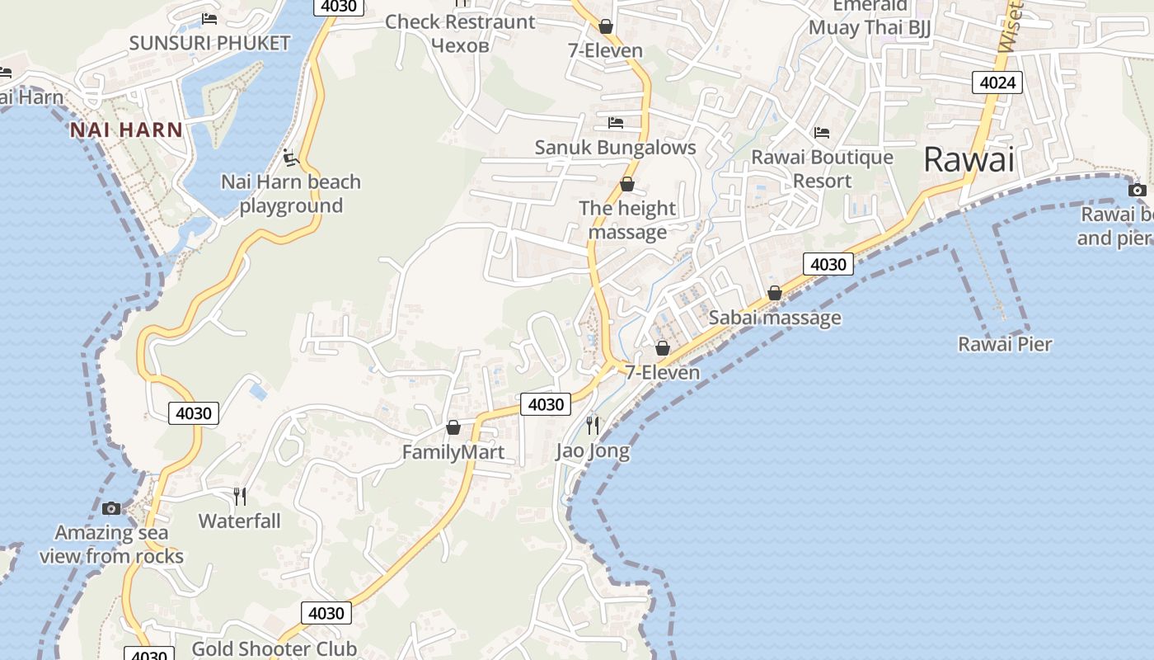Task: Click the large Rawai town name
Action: click(969, 159)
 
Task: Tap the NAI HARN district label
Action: click(126, 130)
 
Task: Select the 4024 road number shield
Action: click(997, 82)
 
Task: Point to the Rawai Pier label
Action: click(1005, 344)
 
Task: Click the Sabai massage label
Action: click(775, 318)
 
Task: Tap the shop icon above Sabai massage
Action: click(775, 293)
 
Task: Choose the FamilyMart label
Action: click(453, 452)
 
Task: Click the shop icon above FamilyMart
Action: click(453, 427)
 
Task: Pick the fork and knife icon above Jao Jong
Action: click(593, 425)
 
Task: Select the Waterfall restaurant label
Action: click(240, 521)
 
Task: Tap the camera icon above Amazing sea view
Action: click(111, 507)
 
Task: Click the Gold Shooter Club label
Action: click(274, 648)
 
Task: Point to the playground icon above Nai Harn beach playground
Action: click(289, 156)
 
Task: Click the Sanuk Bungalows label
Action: click(615, 148)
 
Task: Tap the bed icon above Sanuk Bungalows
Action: click(615, 123)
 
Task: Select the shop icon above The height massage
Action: click(627, 184)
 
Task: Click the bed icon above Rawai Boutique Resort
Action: click(822, 132)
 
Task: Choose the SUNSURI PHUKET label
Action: click(209, 43)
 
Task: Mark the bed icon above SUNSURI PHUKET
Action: click(209, 18)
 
